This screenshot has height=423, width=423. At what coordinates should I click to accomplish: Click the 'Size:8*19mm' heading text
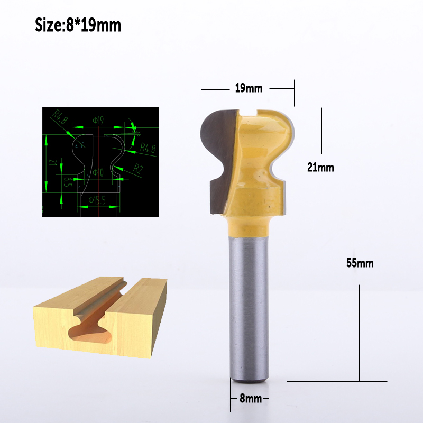(x=78, y=24)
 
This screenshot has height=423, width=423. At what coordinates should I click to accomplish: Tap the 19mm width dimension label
(x=249, y=88)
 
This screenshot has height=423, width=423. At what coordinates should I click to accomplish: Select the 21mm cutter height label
(x=320, y=168)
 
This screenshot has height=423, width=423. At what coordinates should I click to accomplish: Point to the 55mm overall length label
(x=360, y=263)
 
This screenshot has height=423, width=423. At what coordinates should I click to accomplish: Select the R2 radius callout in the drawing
(x=138, y=169)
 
